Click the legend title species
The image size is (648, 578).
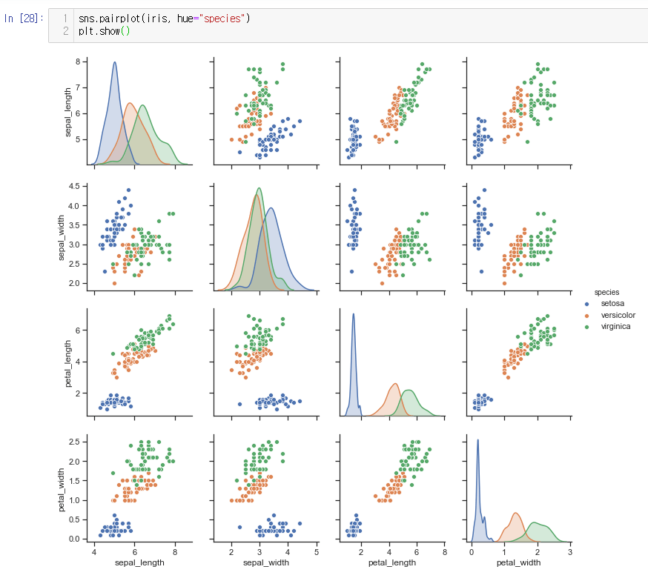pyautogui.click(x=606, y=293)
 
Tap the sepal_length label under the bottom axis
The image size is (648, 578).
pyautogui.click(x=134, y=563)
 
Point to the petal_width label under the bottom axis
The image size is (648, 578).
pyautogui.click(x=520, y=563)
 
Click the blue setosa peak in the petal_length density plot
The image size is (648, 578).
pyautogui.click(x=353, y=314)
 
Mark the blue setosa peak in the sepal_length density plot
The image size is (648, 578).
pyautogui.click(x=115, y=63)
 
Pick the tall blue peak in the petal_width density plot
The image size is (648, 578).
pyautogui.click(x=477, y=440)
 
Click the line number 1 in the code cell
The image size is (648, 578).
pyautogui.click(x=65, y=18)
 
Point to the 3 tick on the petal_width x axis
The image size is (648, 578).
pyautogui.click(x=570, y=551)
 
